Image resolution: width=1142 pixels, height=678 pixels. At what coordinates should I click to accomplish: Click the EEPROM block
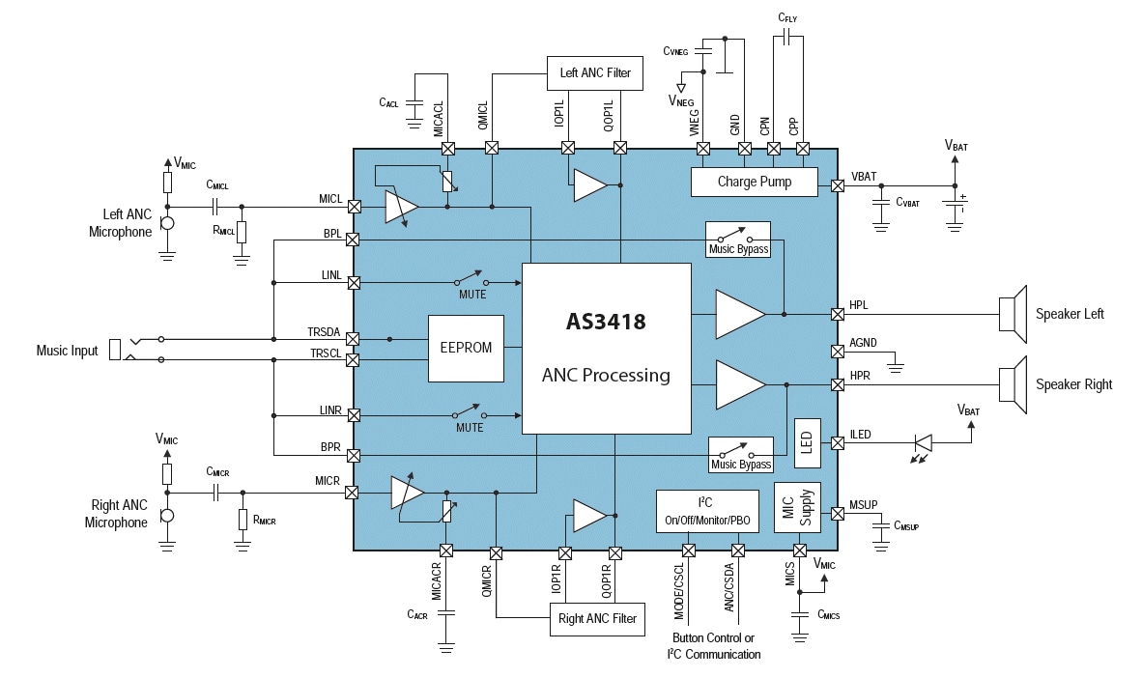pos(466,348)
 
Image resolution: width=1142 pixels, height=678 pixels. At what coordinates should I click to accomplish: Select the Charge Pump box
pos(754,182)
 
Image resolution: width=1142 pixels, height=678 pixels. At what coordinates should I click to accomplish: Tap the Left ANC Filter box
pos(594,72)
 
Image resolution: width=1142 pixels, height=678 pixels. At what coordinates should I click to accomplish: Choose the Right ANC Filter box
pos(597,618)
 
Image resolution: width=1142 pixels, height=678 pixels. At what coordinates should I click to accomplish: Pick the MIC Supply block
pos(798,507)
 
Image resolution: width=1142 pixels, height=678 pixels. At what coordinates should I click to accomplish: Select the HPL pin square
pos(838,314)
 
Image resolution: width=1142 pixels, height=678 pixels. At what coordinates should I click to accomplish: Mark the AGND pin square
pos(838,350)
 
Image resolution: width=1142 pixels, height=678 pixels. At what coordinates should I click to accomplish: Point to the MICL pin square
pos(354,207)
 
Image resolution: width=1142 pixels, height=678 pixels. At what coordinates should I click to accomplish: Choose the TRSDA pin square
pos(354,339)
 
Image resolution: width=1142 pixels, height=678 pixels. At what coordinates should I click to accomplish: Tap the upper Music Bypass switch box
pos(738,238)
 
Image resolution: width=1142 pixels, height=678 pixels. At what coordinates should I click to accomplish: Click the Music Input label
pos(67,351)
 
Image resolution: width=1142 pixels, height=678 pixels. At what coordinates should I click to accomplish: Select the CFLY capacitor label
pos(787,17)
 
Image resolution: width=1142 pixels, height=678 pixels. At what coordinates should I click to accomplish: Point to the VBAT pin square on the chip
pos(838,188)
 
